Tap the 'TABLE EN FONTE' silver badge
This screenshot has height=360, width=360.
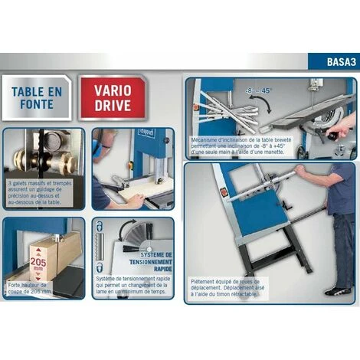pos(38,97)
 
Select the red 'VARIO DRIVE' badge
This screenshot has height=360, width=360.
pos(113,97)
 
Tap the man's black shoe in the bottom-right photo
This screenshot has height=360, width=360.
pos(337,291)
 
